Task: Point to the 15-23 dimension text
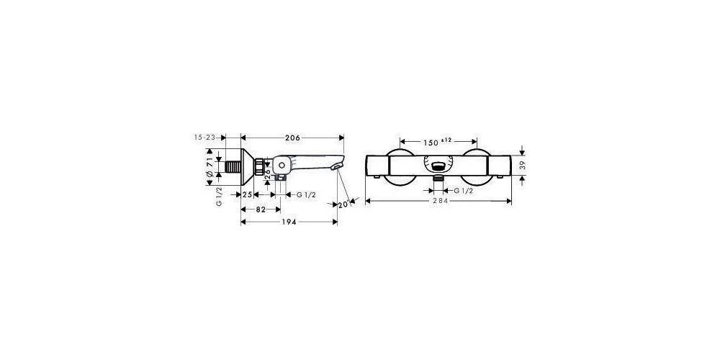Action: (x=204, y=138)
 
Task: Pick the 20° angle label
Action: (x=343, y=205)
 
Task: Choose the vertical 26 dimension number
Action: (x=268, y=174)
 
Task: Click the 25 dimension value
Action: (x=246, y=194)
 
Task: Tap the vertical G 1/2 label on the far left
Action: (x=218, y=197)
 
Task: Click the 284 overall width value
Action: (x=438, y=201)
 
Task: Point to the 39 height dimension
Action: (x=523, y=165)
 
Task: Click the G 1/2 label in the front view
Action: (x=462, y=190)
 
